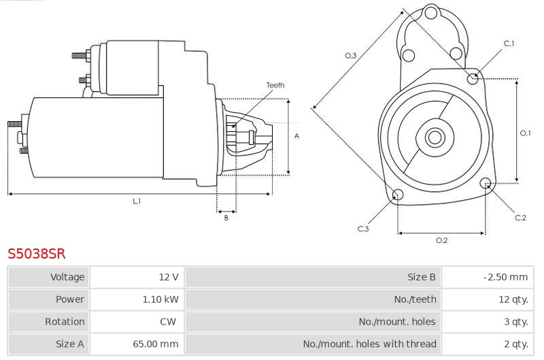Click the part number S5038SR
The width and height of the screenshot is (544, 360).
37,253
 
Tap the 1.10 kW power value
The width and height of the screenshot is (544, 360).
160,299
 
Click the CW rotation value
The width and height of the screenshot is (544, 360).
168,321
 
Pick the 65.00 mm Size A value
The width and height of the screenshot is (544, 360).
156,344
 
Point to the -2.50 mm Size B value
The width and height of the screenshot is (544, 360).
505,277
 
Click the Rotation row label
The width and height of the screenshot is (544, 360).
65,321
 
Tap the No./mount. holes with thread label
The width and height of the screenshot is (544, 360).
369,344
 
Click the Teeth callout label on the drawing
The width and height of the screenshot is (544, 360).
275,85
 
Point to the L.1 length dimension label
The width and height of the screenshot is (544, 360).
137,201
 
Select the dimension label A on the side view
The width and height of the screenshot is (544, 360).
296,136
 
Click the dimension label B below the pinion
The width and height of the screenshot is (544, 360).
226,218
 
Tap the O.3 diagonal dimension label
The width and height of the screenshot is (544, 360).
350,56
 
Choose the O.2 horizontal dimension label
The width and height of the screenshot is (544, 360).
441,240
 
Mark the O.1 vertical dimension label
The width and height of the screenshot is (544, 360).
525,133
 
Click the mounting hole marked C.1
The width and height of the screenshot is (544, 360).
473,79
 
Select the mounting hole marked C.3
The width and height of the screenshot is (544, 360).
398,195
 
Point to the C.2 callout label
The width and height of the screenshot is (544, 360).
520,218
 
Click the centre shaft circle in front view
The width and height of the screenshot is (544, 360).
435,137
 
